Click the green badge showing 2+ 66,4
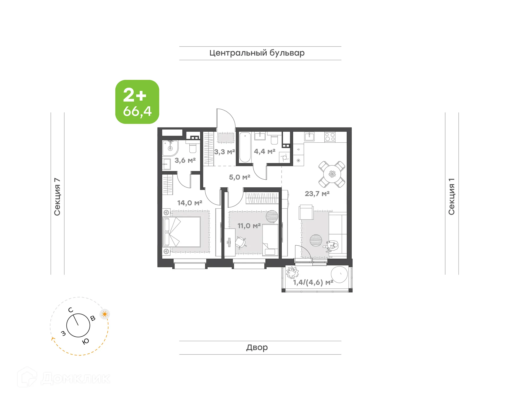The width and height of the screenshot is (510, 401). coord(137,102)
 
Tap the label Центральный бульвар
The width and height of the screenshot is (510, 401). coord(257,53)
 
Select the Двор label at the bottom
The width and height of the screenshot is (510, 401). coord(257,347)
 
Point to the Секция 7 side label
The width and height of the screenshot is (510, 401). coord(57,197)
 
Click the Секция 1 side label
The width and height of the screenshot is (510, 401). coord(452,197)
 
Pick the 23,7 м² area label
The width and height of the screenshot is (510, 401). coord(317,194)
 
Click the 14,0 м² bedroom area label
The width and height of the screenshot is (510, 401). coord(190,203)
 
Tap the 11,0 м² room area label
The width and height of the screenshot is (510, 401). coord(249,226)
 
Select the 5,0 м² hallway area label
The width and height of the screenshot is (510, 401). coord(240,177)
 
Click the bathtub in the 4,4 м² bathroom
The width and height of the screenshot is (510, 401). coord(245,147)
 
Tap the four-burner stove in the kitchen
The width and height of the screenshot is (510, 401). coord(330,137)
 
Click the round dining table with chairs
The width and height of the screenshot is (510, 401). coord(332,174)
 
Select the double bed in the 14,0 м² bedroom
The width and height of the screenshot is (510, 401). coord(182,232)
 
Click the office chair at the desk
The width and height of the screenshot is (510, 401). coord(240,242)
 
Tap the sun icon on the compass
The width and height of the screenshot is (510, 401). coord(105,314)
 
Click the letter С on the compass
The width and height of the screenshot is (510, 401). coord(70,310)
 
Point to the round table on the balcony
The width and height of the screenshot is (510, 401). coord(339,274)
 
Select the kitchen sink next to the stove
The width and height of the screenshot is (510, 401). coord(309,137)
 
